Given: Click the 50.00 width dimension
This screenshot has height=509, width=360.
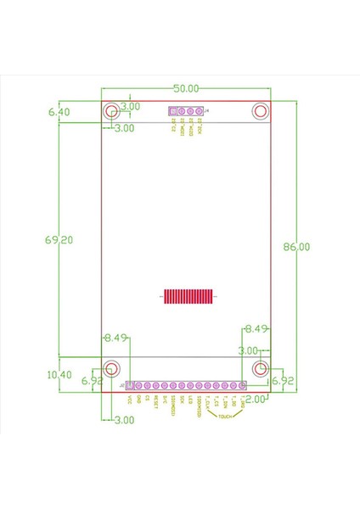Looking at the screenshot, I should click(186, 88).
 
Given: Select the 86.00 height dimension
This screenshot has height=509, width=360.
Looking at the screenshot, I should click(296, 247).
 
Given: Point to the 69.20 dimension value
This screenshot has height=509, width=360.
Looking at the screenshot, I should click(59, 240).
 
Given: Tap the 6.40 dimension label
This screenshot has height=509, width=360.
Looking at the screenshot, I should click(59, 111).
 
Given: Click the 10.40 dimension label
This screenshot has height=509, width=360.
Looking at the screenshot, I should click(59, 374).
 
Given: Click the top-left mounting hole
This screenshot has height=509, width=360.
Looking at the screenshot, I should click(111, 112).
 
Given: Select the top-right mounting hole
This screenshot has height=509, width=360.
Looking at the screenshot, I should click(261, 112).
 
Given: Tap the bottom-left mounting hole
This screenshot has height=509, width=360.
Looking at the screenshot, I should click(111, 368).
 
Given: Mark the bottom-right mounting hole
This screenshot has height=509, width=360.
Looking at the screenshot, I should click(261, 368).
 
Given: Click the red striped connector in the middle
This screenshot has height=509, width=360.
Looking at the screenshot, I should click(186, 296).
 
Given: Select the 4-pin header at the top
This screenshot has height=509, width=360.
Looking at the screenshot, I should click(186, 112).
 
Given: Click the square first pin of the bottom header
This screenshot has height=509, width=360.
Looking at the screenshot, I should click(130, 386).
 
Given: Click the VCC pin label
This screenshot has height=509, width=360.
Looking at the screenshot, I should click(130, 400).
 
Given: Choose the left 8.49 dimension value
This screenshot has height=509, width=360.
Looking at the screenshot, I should click(115, 338).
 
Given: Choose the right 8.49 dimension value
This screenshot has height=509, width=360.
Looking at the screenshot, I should click(256, 327).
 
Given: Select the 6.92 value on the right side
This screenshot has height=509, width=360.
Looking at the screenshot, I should click(282, 383).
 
